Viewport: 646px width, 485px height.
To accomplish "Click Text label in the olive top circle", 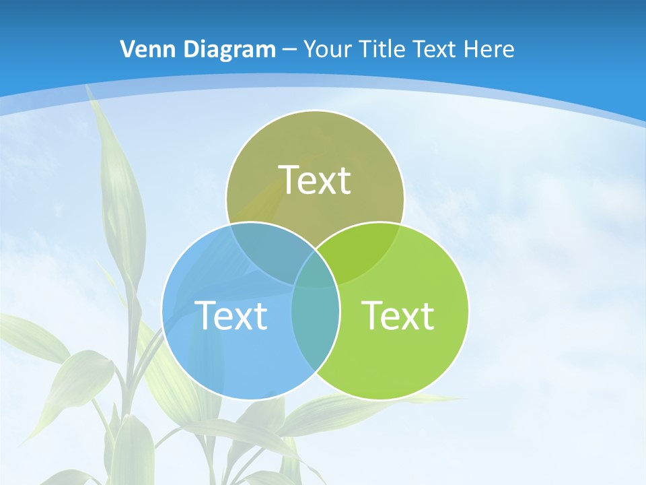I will [315, 180].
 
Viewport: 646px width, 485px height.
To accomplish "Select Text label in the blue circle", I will [231, 315].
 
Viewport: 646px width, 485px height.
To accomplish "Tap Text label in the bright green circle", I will [398, 315].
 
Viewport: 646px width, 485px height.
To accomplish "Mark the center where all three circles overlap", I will [315, 273].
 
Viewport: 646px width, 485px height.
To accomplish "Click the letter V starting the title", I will [127, 49].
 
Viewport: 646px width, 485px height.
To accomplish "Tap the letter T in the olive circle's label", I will [290, 180].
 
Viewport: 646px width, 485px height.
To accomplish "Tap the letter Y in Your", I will [310, 49].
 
